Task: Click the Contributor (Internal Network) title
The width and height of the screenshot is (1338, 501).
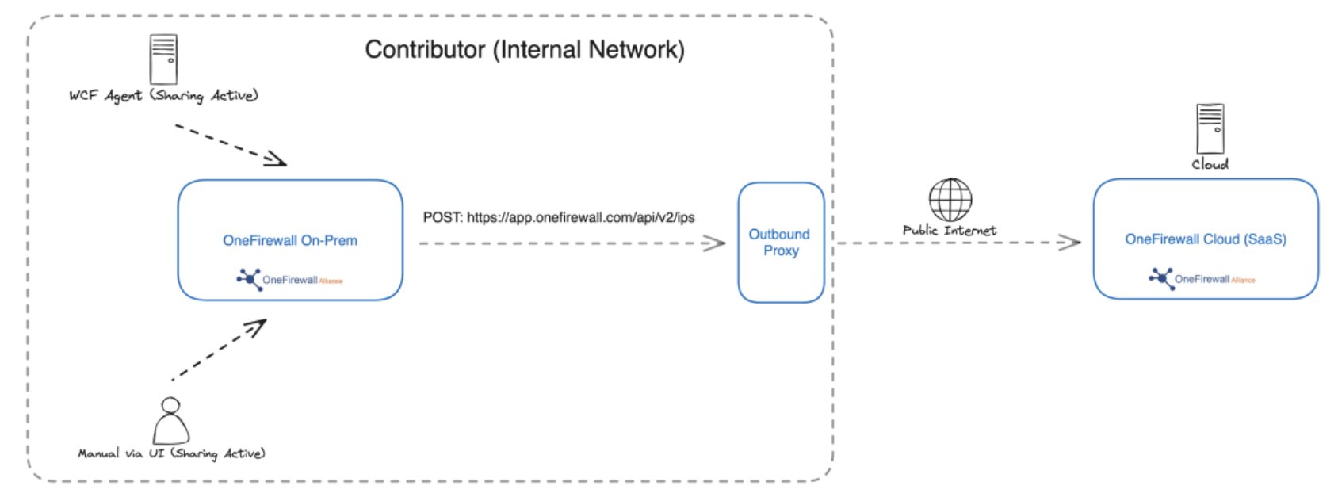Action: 525,50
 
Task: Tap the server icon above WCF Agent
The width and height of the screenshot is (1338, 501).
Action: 163,59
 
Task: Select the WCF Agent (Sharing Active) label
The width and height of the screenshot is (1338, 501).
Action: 163,96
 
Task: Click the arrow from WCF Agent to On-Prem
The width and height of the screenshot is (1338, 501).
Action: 231,145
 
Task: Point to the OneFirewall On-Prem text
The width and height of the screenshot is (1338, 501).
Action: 289,240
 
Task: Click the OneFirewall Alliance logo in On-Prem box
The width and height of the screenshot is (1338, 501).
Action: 289,279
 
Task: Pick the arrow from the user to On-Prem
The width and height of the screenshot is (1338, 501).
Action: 219,350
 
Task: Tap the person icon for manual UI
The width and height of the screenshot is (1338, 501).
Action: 171,421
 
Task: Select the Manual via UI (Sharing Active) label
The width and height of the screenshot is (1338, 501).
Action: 171,453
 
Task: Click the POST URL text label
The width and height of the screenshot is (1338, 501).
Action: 559,217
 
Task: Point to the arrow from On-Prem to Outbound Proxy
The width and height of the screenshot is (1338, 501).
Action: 572,243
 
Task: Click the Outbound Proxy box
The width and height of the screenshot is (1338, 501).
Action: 781,242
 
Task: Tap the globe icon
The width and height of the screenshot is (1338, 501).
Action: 950,200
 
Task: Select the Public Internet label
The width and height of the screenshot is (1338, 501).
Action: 949,231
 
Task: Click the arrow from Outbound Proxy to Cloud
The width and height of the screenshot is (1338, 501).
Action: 958,243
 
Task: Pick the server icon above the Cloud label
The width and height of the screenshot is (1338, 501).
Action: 1210,129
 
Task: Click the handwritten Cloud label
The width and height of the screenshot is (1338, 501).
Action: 1210,163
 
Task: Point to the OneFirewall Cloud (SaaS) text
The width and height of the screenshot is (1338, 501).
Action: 1206,239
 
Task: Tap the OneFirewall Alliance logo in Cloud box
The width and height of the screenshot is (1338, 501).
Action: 1202,278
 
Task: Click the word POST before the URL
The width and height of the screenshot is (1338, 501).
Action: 442,217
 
